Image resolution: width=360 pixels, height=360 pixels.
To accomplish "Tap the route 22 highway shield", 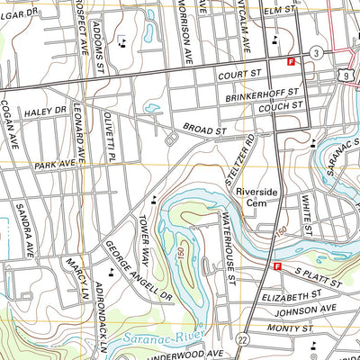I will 243,337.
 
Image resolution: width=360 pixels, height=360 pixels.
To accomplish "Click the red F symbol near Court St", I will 291,61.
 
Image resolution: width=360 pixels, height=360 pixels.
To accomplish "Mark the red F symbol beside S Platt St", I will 277,266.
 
